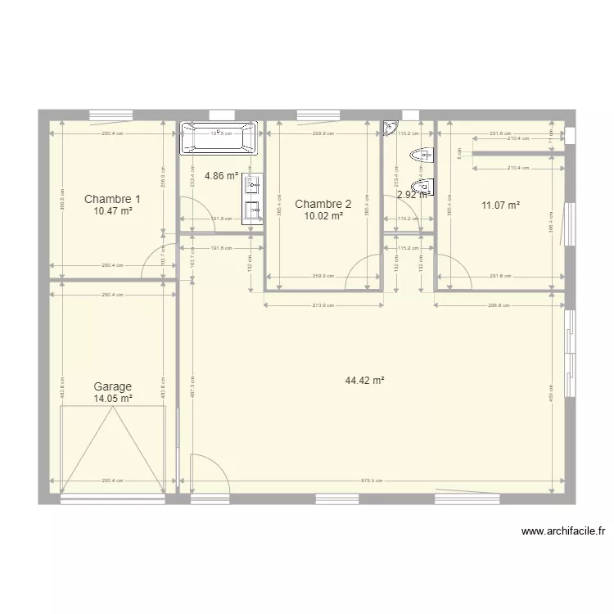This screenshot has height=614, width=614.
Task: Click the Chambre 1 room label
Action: pos(113,199)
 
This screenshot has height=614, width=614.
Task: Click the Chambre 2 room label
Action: pos(323,204)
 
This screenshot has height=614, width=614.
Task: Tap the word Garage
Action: pos(113,387)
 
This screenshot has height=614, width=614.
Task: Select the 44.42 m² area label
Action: pos(364,380)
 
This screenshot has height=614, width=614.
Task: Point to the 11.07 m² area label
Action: pos(502,205)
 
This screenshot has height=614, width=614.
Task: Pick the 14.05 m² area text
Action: pos(113,399)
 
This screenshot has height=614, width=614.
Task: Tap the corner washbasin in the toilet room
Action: pos(391,128)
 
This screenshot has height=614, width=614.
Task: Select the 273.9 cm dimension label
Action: pos(323,305)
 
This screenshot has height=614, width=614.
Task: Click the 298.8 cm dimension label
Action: pos(499,305)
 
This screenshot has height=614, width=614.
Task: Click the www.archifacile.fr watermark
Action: pos(562,531)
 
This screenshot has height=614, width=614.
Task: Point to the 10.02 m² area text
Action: pos(323,216)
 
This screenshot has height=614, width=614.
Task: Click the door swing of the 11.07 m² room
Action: pos(455,274)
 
